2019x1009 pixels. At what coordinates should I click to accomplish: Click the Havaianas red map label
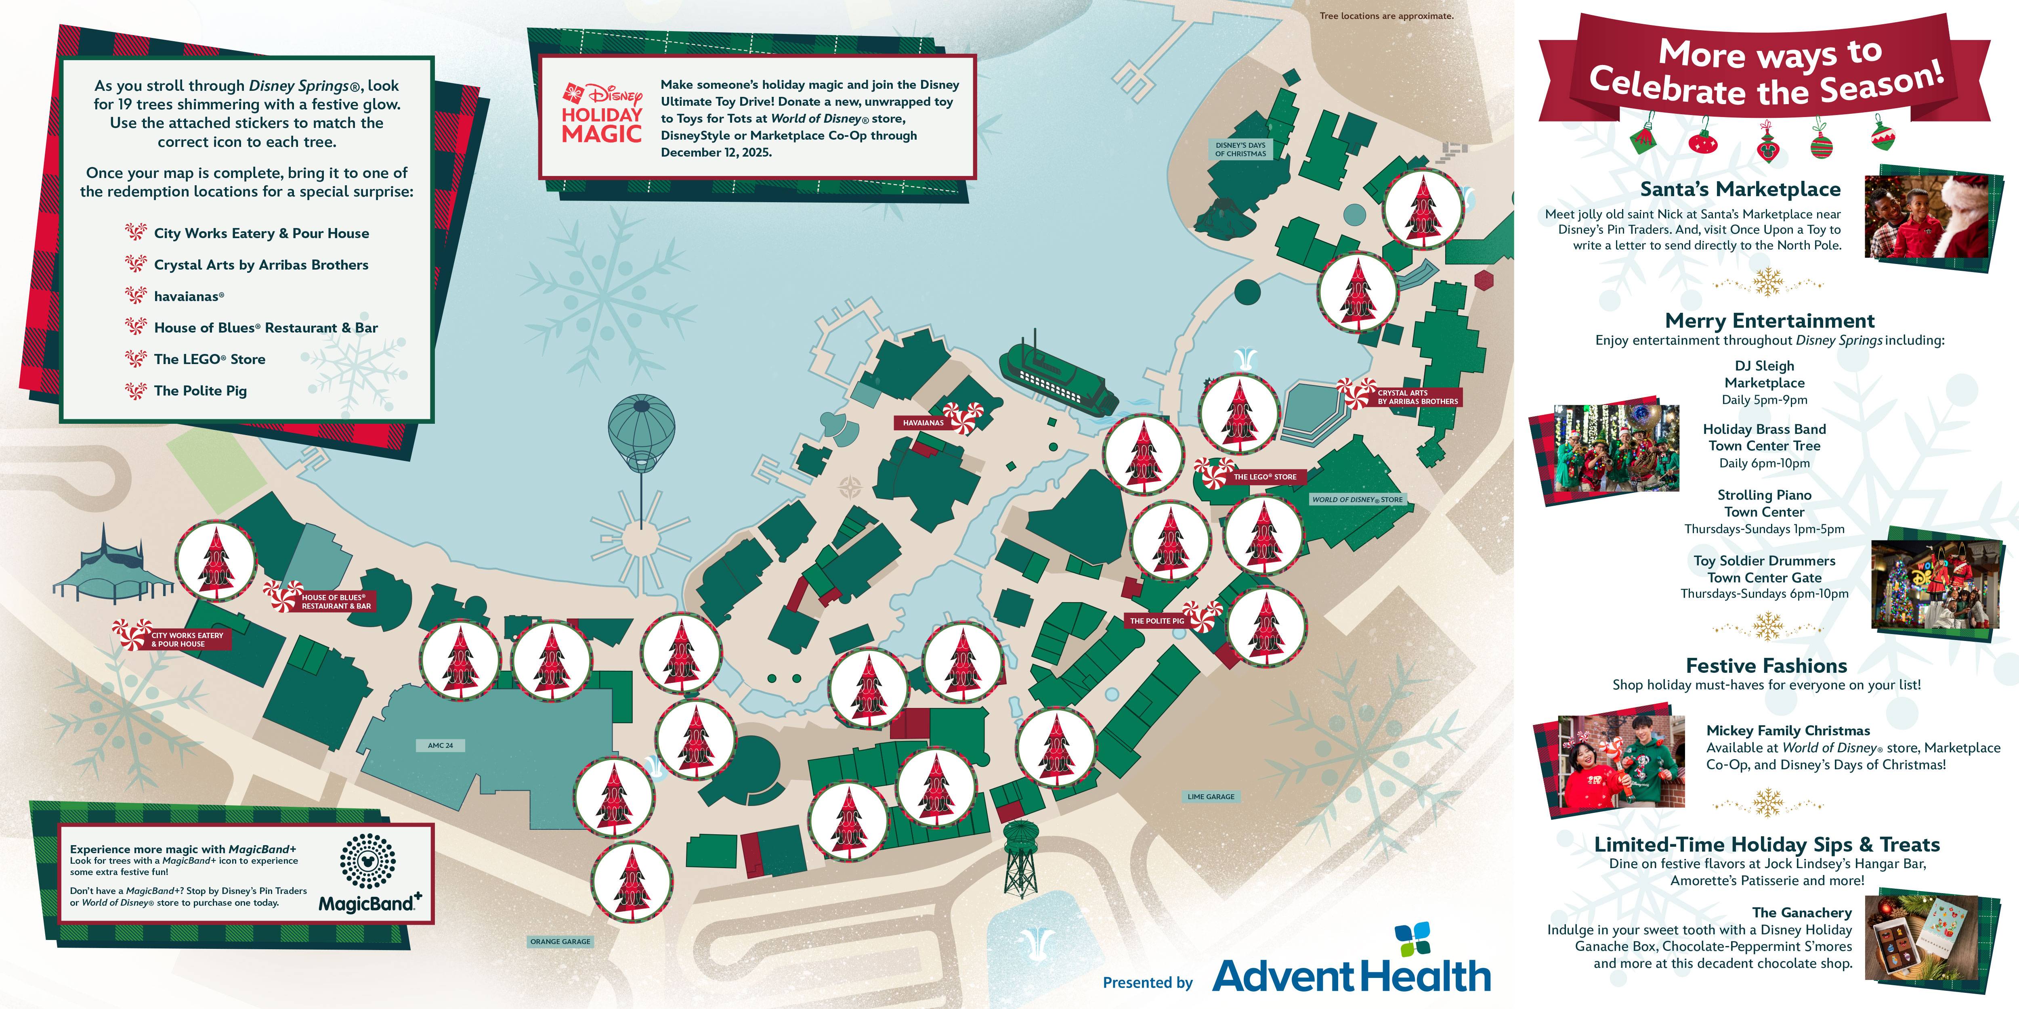tap(923, 423)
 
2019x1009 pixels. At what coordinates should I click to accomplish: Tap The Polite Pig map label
tap(1157, 620)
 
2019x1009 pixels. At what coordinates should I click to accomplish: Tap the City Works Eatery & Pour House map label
tap(187, 639)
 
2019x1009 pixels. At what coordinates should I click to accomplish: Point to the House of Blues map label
tap(336, 602)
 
